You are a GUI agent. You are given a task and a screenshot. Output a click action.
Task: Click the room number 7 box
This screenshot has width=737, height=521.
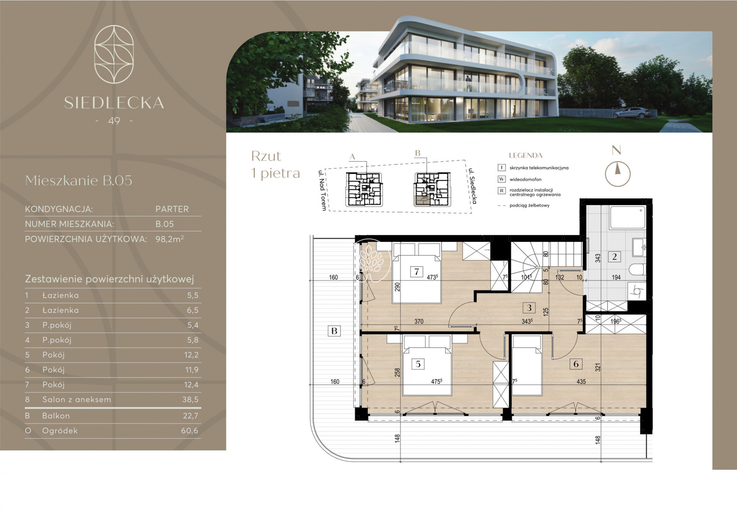416,272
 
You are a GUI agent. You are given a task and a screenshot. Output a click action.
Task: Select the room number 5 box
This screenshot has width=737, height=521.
418,364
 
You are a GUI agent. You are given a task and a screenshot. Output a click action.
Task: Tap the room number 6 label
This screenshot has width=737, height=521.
576,364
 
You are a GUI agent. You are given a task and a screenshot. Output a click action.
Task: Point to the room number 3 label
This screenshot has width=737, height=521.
529,307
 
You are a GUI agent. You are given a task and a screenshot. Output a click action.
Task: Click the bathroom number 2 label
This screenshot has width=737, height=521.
614,257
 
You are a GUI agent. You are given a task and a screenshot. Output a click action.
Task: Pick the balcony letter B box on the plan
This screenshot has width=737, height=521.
334,331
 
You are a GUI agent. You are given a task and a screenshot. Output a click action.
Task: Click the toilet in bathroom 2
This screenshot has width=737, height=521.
637,270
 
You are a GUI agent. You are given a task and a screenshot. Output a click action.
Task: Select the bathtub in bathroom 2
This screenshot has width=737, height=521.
628,217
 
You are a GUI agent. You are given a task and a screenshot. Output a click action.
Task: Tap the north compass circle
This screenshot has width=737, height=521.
617,174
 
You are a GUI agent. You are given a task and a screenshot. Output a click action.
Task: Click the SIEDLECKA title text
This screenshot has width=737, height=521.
114,103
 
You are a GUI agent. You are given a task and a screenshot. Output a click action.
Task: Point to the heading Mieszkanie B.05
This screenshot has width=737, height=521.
79,180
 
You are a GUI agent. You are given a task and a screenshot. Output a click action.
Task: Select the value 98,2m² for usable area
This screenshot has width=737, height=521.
170,239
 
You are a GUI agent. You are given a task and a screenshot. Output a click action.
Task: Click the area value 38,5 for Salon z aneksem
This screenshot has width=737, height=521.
191,400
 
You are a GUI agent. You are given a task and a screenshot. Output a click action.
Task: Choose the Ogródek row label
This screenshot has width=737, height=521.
60,431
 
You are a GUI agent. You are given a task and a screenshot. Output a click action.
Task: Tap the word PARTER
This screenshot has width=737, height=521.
172,209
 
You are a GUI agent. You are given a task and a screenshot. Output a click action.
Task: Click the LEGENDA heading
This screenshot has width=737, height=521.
526,155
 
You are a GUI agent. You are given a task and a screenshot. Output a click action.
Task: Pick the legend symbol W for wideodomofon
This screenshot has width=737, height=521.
502,179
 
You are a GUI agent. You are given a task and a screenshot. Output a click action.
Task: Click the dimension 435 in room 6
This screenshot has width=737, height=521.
581,382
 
